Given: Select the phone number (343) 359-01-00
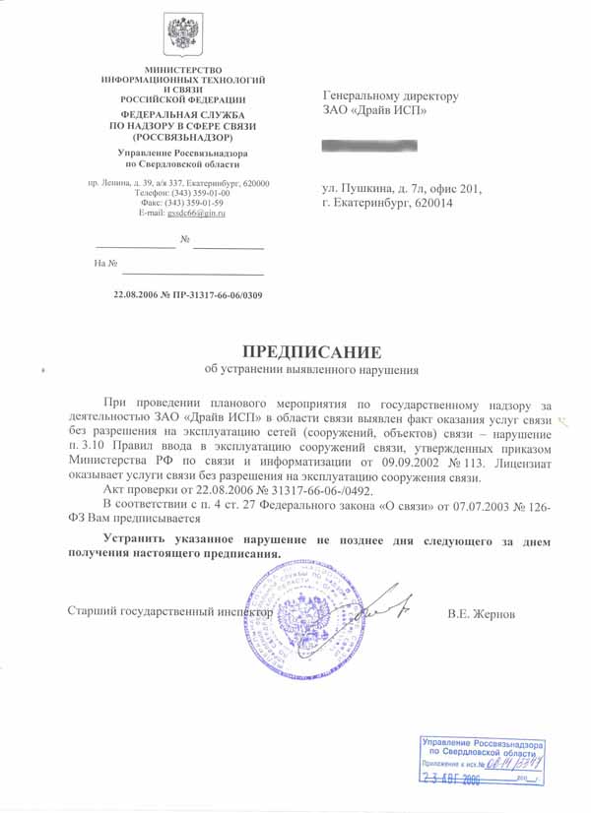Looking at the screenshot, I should click(x=206, y=193).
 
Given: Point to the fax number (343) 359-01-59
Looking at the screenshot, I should click(x=206, y=203).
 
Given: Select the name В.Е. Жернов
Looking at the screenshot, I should click(x=481, y=614).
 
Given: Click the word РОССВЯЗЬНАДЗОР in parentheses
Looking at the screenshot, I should click(x=182, y=137).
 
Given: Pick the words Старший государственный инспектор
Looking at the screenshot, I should click(x=168, y=611).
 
